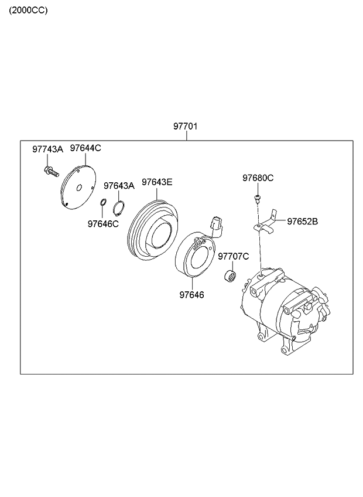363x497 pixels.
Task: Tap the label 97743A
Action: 47,149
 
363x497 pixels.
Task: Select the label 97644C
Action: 85,148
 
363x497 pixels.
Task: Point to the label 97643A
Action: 119,186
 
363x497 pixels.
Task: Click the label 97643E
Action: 157,182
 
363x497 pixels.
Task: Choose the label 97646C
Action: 103,223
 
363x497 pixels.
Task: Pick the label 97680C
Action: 258,178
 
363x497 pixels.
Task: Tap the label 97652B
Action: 302,221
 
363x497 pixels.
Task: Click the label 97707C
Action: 234,256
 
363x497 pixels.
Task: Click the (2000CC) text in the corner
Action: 28,11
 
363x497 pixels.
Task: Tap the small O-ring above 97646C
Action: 103,203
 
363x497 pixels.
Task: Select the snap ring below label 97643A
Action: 119,207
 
